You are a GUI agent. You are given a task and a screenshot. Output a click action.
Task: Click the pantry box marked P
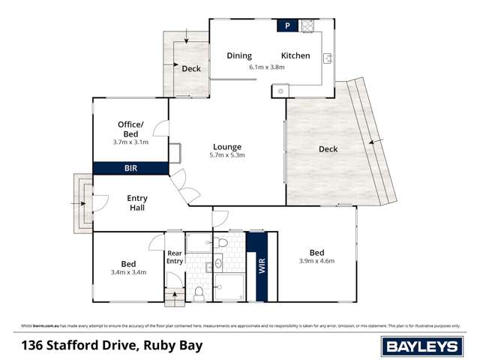pyautogui.click(x=287, y=26)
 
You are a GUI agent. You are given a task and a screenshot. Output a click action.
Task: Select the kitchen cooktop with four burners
pyautogui.click(x=307, y=26)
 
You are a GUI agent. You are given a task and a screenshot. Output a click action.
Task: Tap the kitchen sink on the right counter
pyautogui.click(x=328, y=58)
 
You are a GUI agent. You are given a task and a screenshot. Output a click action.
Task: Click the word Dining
pyautogui.click(x=239, y=55)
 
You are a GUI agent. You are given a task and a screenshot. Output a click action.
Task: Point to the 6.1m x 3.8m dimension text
pyautogui.click(x=267, y=67)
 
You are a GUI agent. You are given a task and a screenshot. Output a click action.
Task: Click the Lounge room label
pyautogui.click(x=226, y=146)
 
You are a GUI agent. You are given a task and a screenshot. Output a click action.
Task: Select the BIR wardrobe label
pyautogui.click(x=130, y=169)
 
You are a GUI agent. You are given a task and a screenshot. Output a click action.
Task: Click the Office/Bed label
pyautogui.click(x=130, y=128)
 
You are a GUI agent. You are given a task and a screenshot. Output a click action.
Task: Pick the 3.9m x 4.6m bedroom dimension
pyautogui.click(x=316, y=261)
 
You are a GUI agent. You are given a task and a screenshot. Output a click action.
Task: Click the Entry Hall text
pyautogui.click(x=137, y=203)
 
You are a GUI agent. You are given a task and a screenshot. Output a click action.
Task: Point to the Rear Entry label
pyautogui.click(x=175, y=257)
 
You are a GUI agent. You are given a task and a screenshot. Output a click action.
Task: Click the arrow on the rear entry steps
pyautogui.click(x=175, y=293)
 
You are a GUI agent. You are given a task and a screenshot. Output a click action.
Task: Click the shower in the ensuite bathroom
pyautogui.click(x=229, y=287)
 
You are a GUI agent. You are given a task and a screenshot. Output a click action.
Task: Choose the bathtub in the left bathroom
pyautogui.click(x=199, y=242)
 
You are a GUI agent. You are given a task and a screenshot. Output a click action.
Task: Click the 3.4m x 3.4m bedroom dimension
pyautogui.click(x=128, y=271)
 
